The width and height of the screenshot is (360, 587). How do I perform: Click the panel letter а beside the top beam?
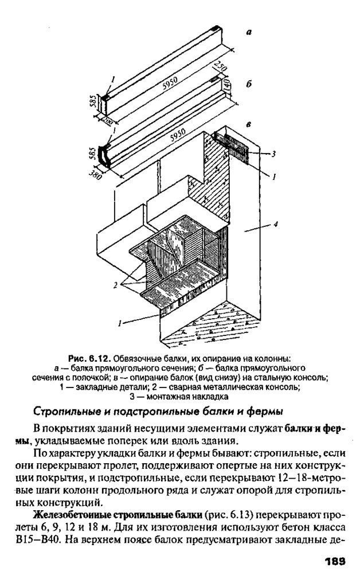(249, 33)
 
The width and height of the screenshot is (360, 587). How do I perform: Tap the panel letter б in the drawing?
(248, 84)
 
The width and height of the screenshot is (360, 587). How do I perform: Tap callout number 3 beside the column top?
(274, 154)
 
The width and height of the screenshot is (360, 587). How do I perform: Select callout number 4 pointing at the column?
(275, 225)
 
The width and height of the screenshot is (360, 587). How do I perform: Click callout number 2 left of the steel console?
(116, 285)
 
